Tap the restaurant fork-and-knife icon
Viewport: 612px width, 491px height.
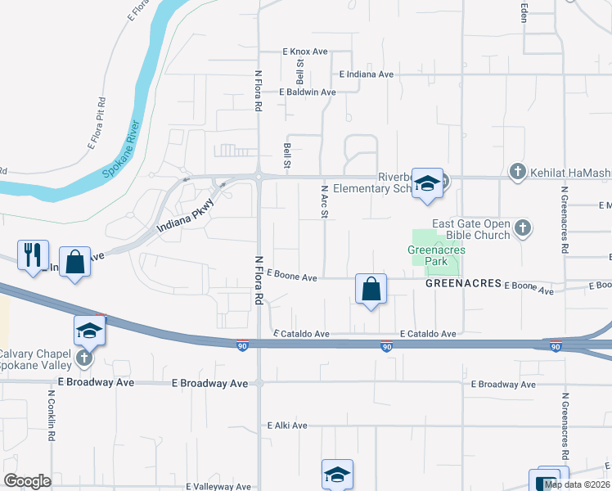point(33,255)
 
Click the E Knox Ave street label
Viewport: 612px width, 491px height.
point(304,52)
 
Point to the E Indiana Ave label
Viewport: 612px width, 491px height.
point(366,74)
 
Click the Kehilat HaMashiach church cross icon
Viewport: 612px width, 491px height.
point(516,171)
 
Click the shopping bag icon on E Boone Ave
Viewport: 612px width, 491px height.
point(371,289)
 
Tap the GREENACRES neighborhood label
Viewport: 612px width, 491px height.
point(462,283)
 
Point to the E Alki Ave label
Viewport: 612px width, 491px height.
point(287,426)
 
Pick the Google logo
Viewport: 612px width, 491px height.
point(27,481)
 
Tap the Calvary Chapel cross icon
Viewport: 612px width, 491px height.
point(84,358)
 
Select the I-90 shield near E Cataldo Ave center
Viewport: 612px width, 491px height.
point(385,346)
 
